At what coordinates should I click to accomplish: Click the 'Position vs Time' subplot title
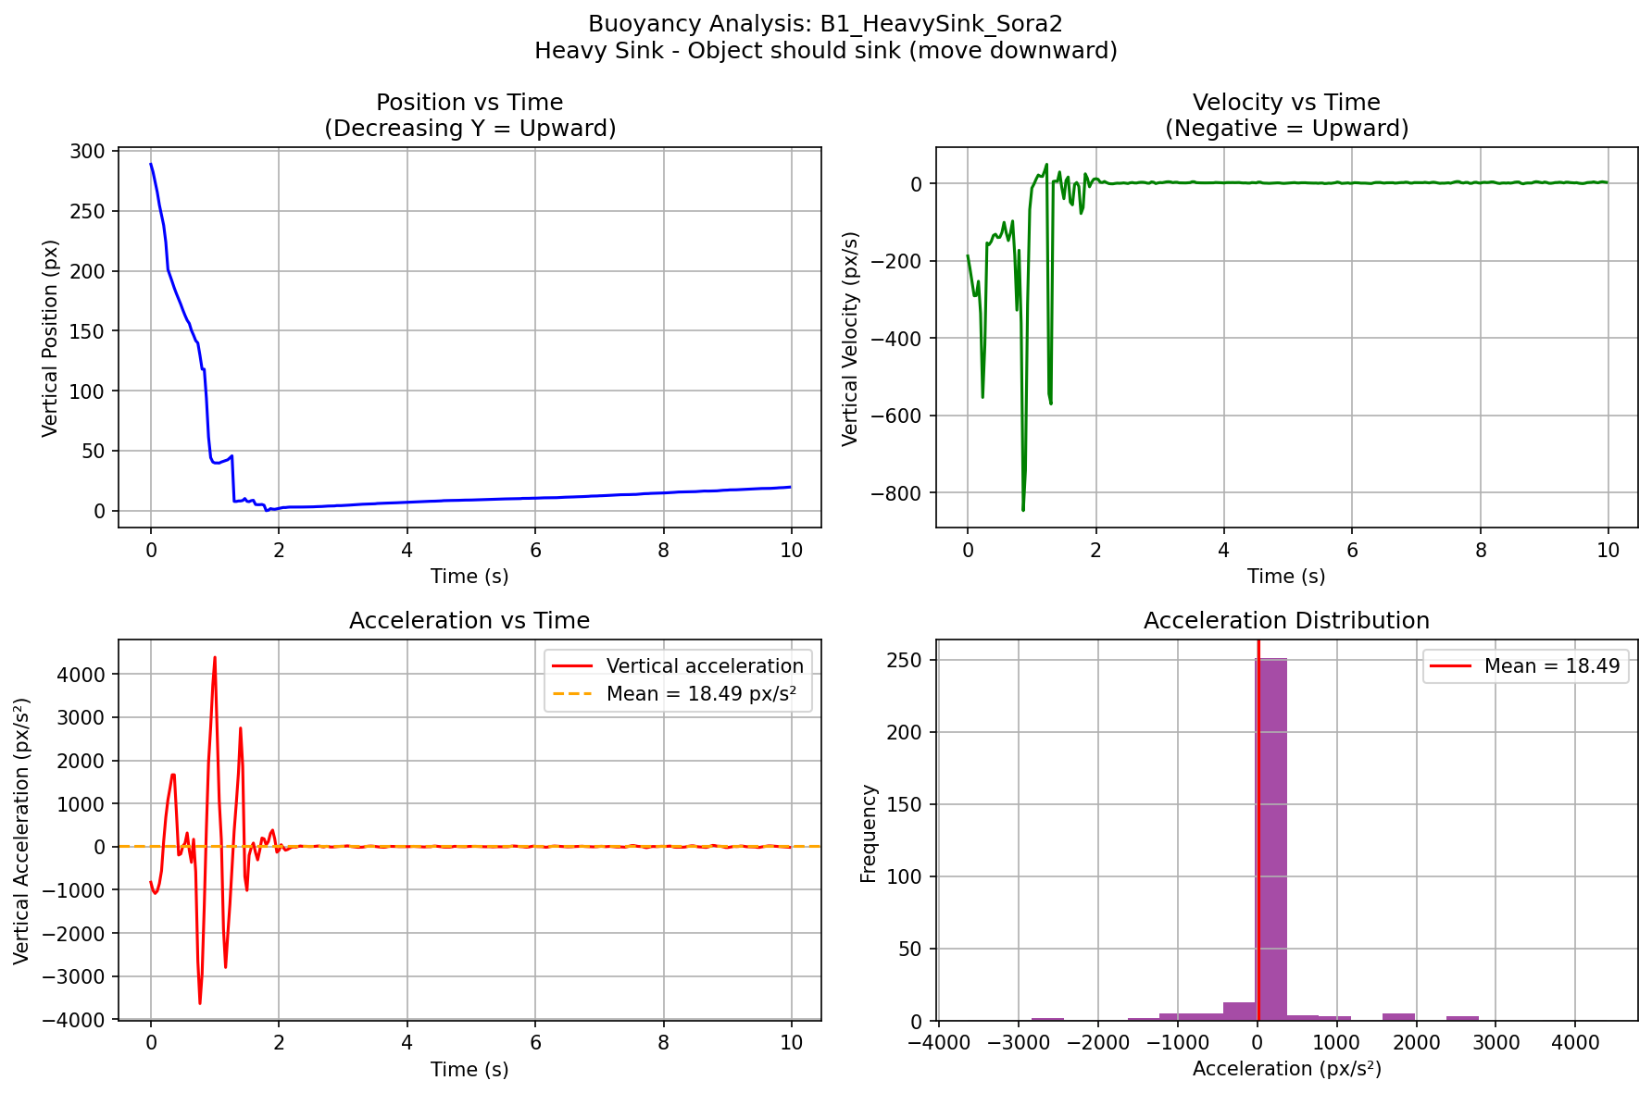pos(469,103)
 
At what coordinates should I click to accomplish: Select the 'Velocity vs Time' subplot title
pos(1286,103)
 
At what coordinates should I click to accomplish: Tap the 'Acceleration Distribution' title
pos(1286,620)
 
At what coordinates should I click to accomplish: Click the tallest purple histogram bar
pos(1271,838)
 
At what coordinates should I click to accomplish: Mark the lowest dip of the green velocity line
pos(1023,510)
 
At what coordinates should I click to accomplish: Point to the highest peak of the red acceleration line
pos(215,658)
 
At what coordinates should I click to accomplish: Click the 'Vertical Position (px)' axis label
pos(50,338)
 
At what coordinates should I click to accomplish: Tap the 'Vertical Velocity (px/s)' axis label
pos(850,339)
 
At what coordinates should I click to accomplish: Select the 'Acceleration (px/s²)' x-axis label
pos(1286,1070)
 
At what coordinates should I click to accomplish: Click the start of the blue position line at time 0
pos(151,165)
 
